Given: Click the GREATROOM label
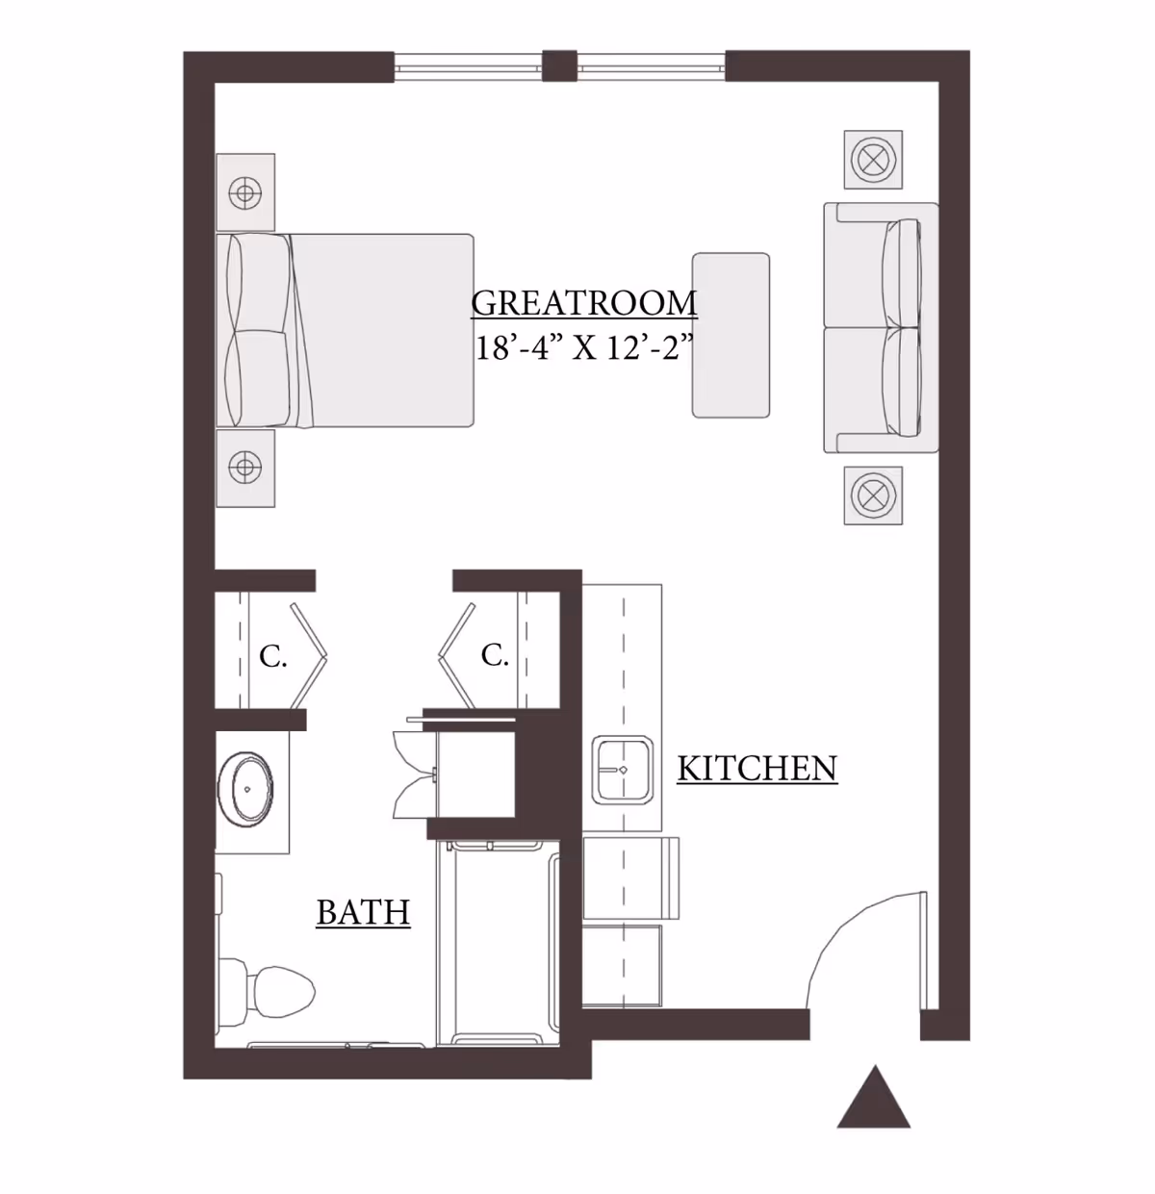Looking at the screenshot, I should tap(583, 303).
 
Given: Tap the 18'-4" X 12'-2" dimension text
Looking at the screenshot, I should tap(583, 347).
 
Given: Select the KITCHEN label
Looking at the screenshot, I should tap(757, 769).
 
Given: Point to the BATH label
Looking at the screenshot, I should tap(363, 912).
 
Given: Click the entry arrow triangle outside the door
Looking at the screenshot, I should tap(873, 1099).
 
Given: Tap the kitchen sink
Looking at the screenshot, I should tap(622, 770).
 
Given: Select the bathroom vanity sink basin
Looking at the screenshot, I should tap(247, 789).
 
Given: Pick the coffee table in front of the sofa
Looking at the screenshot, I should tap(731, 335).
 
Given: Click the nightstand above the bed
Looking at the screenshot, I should tap(245, 192).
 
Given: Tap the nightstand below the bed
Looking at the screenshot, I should tap(245, 468).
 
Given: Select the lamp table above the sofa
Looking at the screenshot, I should tap(873, 160).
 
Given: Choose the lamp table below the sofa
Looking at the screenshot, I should tap(873, 496).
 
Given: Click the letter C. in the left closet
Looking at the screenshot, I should tap(272, 657).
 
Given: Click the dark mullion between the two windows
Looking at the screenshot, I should tap(558, 65).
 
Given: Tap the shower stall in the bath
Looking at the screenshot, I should tap(498, 943).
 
